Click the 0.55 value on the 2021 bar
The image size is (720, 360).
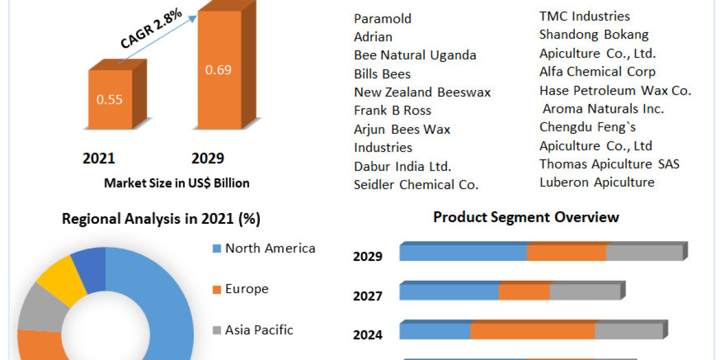tap(109, 100)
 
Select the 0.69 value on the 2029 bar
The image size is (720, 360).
tap(218, 70)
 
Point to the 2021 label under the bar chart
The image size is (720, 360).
tap(98, 158)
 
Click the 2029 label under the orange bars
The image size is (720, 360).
tap(208, 158)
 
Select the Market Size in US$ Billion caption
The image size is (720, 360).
tap(176, 183)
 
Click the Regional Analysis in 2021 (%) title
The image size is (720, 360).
tap(161, 219)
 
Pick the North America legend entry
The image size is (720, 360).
tap(269, 248)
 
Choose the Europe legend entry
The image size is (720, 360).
tap(246, 289)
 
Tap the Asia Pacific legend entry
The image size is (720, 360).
tap(259, 329)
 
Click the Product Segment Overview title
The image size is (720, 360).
tap(526, 217)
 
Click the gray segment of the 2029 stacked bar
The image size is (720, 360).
tap(644, 253)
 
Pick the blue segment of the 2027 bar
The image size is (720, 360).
tap(449, 292)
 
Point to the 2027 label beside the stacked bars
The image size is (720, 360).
tap(368, 296)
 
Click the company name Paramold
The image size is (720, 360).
tap(383, 19)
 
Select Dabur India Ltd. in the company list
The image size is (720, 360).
tap(403, 166)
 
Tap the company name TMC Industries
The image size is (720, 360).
tap(584, 16)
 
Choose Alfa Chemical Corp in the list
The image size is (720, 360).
tap(597, 72)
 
